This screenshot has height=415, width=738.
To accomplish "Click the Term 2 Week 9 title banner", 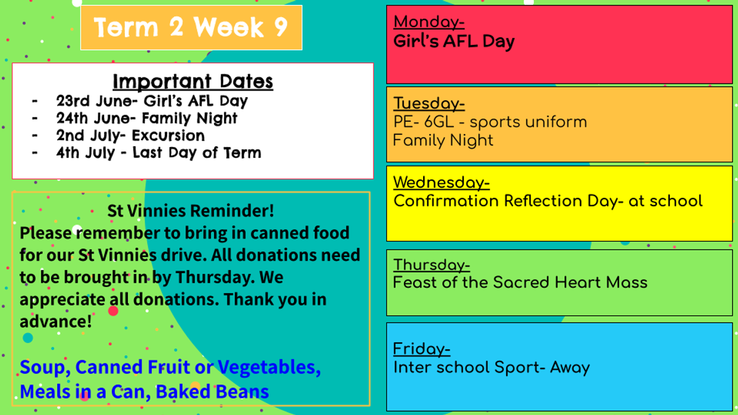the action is click(191, 28).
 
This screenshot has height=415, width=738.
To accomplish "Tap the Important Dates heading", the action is click(192, 81).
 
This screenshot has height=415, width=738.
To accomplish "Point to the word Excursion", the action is click(168, 136).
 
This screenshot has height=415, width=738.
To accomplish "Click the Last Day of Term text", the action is click(197, 153).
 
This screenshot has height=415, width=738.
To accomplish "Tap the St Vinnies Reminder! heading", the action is click(191, 211).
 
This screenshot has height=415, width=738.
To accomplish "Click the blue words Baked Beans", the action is click(212, 392).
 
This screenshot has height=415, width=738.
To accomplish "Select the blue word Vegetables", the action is click(269, 367).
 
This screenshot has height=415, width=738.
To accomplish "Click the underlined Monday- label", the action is click(429, 22).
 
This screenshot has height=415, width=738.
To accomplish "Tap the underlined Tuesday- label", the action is click(429, 103).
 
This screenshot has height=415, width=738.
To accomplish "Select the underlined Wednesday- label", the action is click(442, 183).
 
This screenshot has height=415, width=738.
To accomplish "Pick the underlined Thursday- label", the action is click(432, 265).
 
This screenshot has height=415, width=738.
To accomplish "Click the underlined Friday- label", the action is click(422, 349).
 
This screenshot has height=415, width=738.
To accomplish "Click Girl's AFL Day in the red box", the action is click(454, 42).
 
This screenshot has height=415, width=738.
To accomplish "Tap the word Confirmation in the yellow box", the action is click(446, 201).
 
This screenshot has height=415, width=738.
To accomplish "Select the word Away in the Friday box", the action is click(570, 368).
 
